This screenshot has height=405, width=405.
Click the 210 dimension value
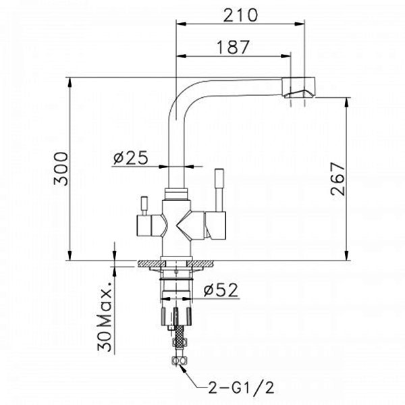pos(240,16)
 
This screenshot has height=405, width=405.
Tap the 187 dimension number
pos(234,47)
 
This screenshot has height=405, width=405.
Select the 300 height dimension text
pos(61,169)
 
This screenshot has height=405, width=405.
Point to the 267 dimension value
pos(337,179)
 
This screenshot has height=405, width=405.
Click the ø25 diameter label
pos(131,157)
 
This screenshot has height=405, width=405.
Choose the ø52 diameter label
pos(220,290)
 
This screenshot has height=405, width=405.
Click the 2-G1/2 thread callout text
pos(241,387)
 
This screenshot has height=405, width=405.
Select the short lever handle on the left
pos(144,205)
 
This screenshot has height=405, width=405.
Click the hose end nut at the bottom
pos(179,360)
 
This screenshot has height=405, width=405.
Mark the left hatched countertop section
pos(152,264)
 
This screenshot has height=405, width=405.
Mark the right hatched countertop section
pos(200,264)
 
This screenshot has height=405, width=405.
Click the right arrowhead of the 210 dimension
pos(300,24)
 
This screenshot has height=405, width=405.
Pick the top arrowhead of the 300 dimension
pos(70,82)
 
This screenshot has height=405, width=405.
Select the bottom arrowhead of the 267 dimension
pos(347,255)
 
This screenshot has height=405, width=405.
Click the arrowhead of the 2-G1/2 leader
pos(183,368)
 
